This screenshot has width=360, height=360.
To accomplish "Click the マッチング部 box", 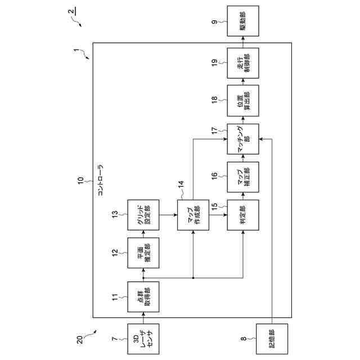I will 244,139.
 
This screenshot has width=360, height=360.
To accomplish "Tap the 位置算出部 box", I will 244,101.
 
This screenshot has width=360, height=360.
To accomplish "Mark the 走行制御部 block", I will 244,62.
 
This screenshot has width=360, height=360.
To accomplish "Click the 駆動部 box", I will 244,21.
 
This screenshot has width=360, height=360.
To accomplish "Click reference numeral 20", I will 79,339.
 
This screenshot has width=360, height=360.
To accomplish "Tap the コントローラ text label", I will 101,181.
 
